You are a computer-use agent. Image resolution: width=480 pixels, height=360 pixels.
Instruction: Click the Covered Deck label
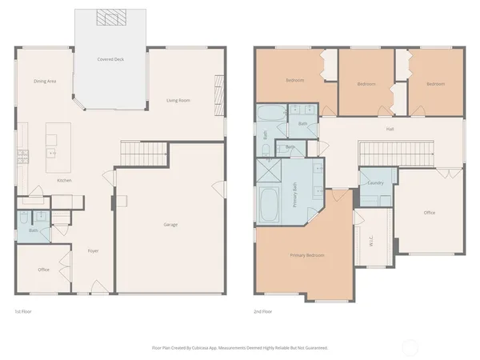tap(110, 59)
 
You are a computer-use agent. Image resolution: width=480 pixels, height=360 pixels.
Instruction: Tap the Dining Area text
tap(45, 81)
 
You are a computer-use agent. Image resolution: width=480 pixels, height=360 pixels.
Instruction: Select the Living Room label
tap(178, 100)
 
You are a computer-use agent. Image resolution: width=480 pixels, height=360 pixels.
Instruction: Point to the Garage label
tap(170, 224)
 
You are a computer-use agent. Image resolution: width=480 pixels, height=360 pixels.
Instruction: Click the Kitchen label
tap(65, 181)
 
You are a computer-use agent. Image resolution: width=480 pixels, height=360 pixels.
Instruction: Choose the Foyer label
tap(93, 250)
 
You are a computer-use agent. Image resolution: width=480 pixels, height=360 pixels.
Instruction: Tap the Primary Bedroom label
tap(307, 255)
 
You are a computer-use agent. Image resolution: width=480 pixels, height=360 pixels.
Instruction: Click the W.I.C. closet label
tap(372, 240)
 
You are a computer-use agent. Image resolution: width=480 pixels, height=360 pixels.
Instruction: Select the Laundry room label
tap(375, 183)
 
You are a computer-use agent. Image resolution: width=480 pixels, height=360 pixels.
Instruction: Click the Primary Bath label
tap(294, 195)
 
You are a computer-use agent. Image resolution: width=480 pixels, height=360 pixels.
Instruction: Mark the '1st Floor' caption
tap(23, 310)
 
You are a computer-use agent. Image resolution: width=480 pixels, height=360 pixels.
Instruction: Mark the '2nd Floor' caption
tap(262, 310)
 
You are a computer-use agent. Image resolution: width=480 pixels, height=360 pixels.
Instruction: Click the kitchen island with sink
tap(54, 147)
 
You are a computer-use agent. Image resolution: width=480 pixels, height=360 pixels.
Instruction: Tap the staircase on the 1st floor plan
tap(145, 150)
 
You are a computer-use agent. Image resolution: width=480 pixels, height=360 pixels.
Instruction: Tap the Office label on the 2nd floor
tap(430, 213)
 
